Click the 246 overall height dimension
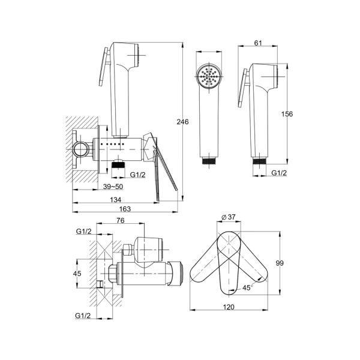click(182, 122)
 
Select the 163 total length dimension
click(125, 209)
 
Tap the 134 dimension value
click(115, 200)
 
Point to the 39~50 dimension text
click(113, 187)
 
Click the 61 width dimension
click(258, 43)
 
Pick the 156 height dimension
click(287, 114)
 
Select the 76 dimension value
click(121, 220)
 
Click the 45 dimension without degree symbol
click(77, 274)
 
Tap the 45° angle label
click(247, 287)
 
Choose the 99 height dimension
click(280, 263)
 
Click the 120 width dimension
click(229, 307)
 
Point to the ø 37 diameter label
click(229, 217)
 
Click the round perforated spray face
click(209, 76)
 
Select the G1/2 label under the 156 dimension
click(279, 173)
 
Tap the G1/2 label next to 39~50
click(138, 175)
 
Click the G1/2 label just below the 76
click(83, 232)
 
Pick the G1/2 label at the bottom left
click(83, 316)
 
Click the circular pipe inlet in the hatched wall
click(80, 149)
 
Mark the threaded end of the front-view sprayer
click(209, 161)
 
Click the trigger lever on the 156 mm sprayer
click(244, 88)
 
